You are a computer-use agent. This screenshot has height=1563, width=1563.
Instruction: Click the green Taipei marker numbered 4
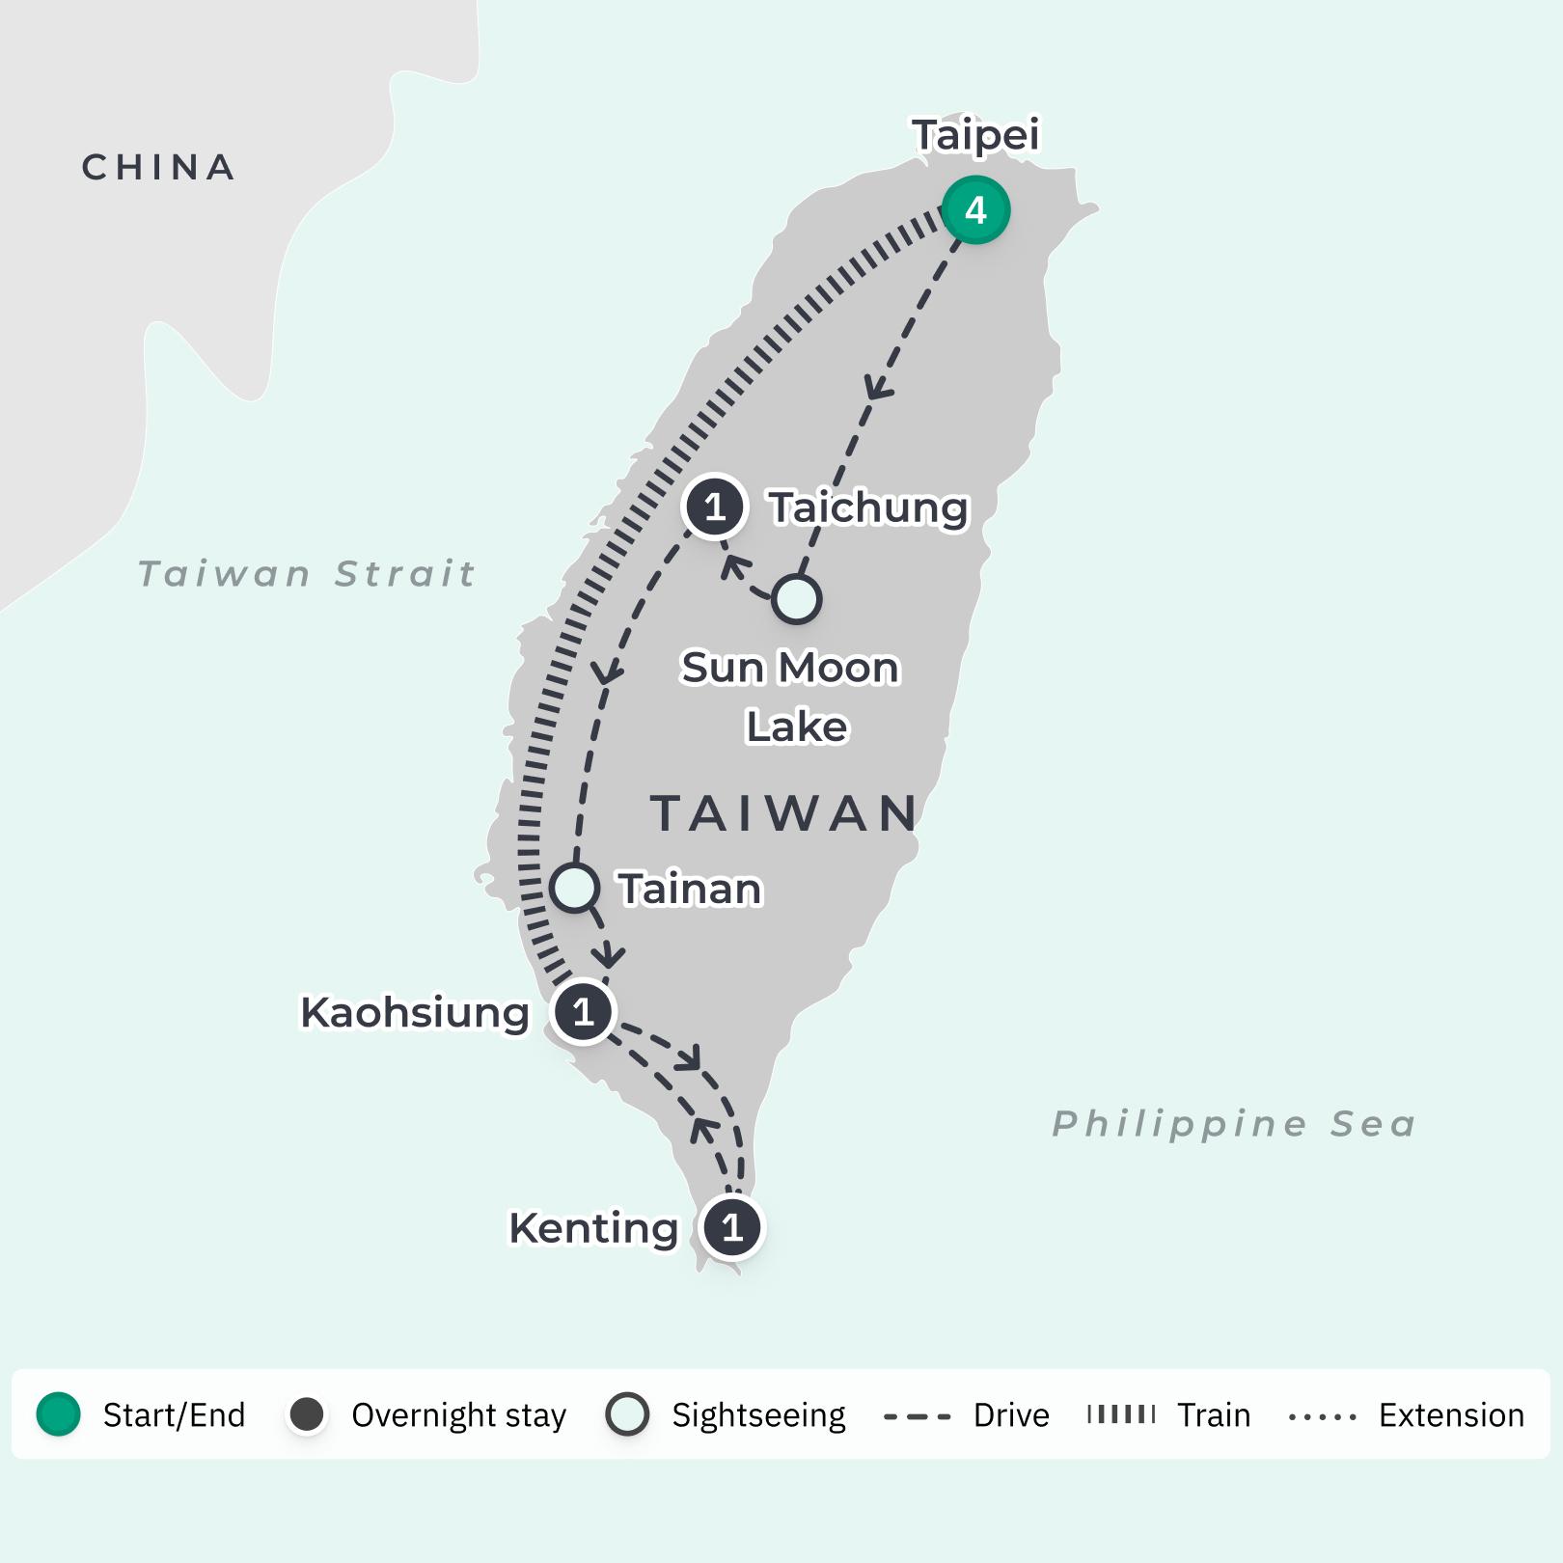pos(975,210)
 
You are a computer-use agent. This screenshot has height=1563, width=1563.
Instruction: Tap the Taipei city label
pos(975,135)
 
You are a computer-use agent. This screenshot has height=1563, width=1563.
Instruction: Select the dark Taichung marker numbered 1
pos(714,507)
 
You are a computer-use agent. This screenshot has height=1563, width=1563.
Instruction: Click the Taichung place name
pos(867,507)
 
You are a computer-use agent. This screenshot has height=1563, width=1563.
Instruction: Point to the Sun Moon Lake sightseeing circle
pos(796,599)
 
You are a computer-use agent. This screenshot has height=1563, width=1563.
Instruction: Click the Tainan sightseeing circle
pos(575,888)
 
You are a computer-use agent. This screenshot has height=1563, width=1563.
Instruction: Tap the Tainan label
pos(690,889)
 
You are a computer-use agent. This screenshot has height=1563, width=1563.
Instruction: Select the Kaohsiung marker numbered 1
pos(583,1012)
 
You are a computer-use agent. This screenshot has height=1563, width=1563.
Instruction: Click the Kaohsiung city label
pos(415,1013)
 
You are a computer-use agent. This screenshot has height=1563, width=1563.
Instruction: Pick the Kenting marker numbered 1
pos(732,1227)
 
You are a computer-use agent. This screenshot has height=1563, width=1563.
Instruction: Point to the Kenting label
pos(593,1228)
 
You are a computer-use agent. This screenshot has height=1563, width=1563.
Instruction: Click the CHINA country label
pos(159,168)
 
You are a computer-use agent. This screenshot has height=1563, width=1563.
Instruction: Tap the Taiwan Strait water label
pos(307,574)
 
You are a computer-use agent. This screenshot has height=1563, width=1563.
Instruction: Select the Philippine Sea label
pos(1233,1124)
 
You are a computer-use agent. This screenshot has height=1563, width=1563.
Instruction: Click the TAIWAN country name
pos(784,813)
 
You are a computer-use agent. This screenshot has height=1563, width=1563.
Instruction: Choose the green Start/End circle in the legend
pos(58,1414)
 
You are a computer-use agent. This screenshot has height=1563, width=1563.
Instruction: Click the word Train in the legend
pos(1214,1415)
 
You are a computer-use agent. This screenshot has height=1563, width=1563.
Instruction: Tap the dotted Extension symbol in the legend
pos(1322,1416)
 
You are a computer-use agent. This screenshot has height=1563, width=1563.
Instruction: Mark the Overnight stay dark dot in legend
pos(307,1415)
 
